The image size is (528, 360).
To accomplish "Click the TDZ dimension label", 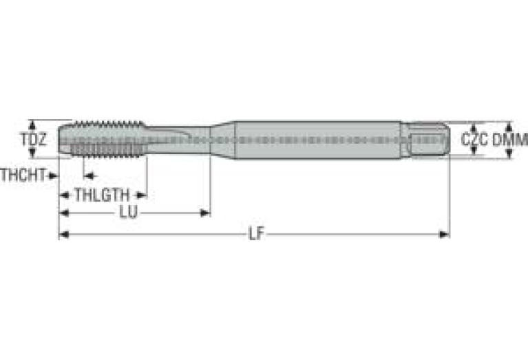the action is (x=33, y=139).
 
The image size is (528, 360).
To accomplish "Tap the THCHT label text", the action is (x=23, y=175).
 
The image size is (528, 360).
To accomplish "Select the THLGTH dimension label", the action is (x=102, y=195).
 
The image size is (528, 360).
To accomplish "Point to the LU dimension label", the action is (x=129, y=213).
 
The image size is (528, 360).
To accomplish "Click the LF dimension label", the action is (x=257, y=234).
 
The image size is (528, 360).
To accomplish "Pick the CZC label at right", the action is (x=474, y=140).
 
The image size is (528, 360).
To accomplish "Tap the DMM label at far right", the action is (x=510, y=140).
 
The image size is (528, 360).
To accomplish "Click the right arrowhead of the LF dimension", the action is (x=444, y=234).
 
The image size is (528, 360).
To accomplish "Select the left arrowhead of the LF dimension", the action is (x=64, y=234).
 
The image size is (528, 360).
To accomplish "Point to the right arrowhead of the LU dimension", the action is (x=205, y=213).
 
